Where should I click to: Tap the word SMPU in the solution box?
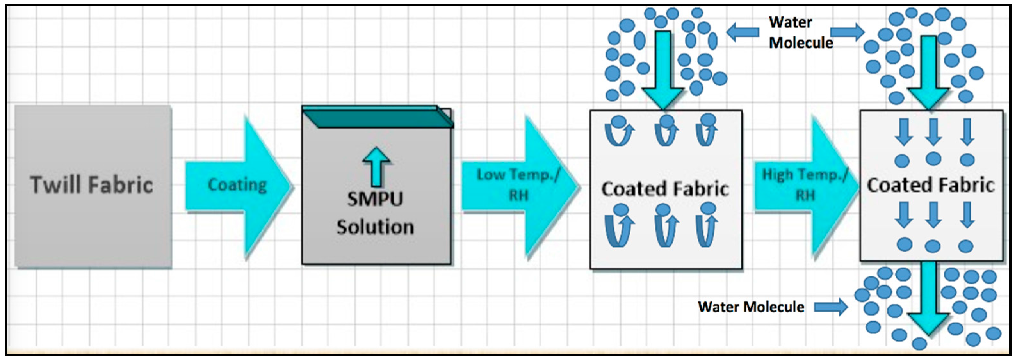point(375,199)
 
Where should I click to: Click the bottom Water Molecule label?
point(751,307)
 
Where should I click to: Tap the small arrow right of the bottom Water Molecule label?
point(831,307)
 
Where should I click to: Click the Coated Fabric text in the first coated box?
point(665,189)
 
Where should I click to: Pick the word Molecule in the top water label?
point(801,43)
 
